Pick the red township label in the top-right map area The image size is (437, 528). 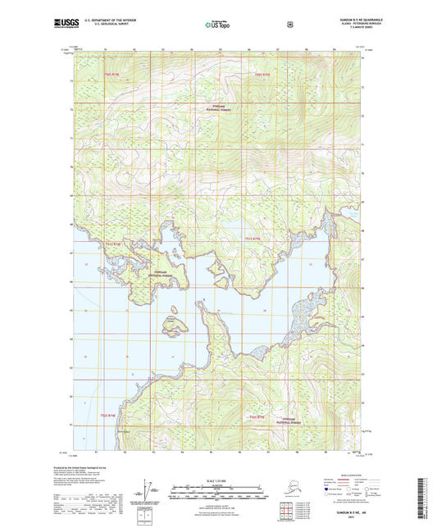pos(262,75)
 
